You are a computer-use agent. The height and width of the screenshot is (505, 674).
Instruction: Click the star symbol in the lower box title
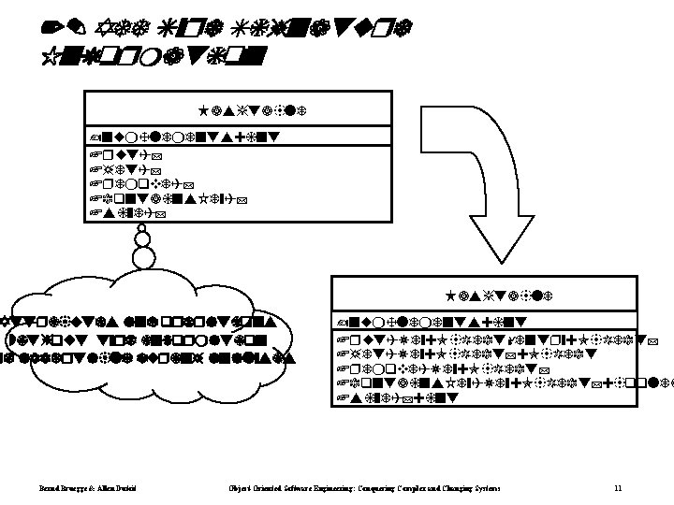pos(452,294)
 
